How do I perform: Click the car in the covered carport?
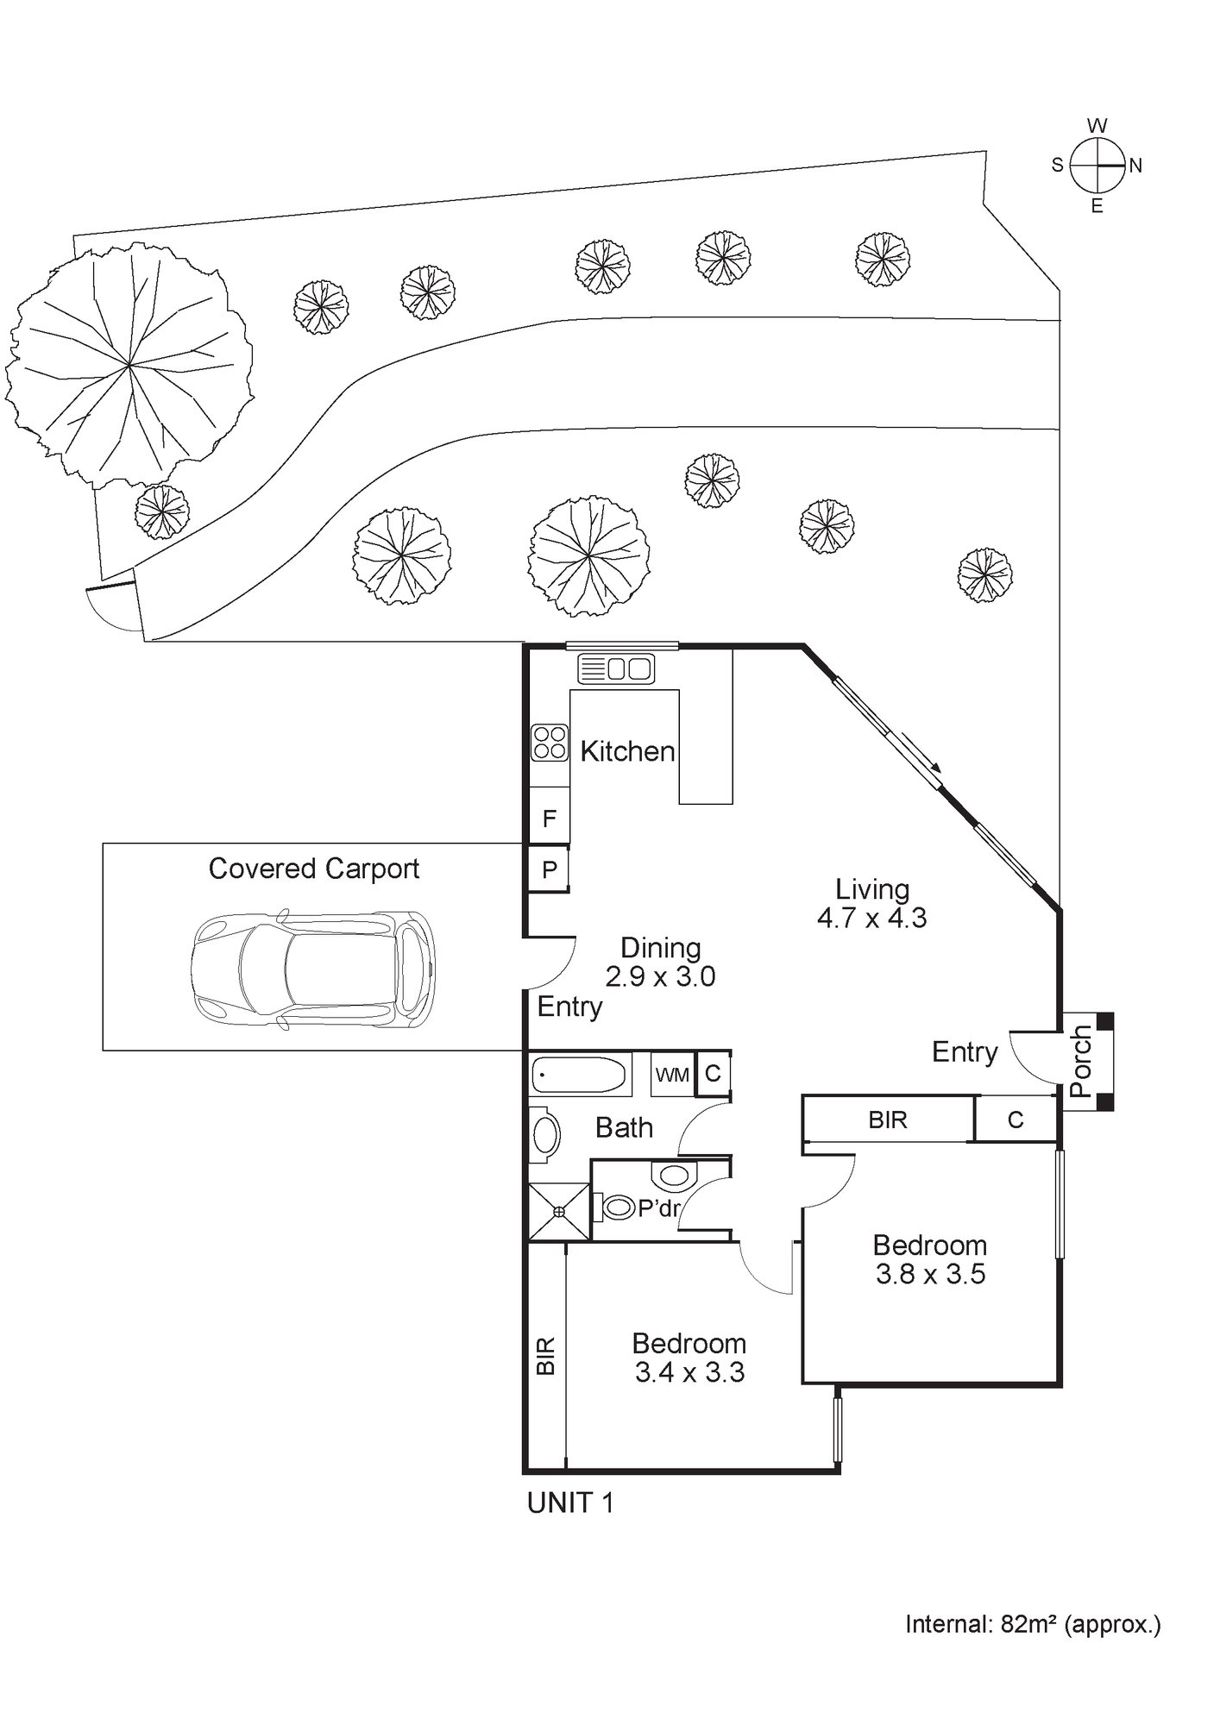pos(312,970)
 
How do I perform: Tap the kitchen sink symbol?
pos(616,668)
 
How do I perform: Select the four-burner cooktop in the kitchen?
pos(550,743)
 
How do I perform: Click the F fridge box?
pos(549,819)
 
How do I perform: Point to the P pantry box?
pos(549,869)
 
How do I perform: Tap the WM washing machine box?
pos(672,1075)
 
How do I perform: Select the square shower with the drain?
pos(559,1212)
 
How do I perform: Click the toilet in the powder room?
pos(615,1207)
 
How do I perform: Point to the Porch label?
pos(1080,1060)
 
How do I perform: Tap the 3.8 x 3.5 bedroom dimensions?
pos(930,1274)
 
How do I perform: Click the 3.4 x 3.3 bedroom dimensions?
pos(689,1372)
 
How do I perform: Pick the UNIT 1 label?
pos(570,1503)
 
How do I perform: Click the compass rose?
pos(1097,165)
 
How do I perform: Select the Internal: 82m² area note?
pos(1033,1625)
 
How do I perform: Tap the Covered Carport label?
pos(314,869)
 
